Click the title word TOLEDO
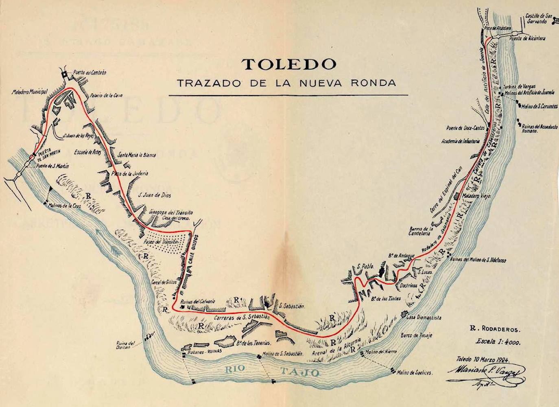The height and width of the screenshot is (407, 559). coord(289,64)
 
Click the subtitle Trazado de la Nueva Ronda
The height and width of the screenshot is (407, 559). coord(286,83)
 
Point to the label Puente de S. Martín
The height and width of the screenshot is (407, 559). coord(52,166)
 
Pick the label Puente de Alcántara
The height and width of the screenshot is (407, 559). coord(527,38)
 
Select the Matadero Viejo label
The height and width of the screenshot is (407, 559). coord(477,196)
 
